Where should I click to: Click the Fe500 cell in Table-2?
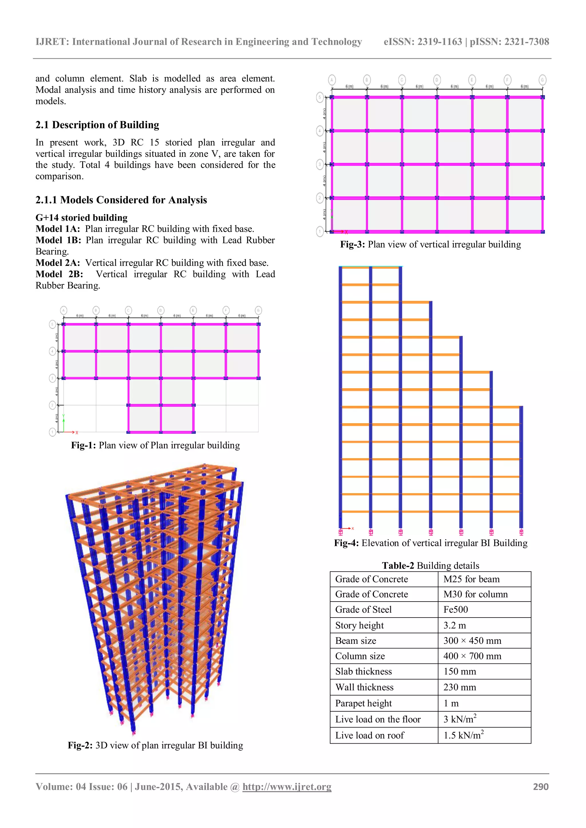[x=455, y=610]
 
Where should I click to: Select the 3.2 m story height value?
[x=455, y=625]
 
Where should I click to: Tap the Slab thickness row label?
[x=363, y=672]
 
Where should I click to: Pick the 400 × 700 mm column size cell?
[x=472, y=656]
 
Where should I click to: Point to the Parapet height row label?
[x=363, y=703]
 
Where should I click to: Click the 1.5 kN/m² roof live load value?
[x=463, y=735]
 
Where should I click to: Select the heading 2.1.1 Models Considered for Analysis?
[x=121, y=200]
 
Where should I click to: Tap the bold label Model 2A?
[x=58, y=263]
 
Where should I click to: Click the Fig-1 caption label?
[x=83, y=445]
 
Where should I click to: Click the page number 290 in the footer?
[x=541, y=787]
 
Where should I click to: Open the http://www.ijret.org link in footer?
[x=287, y=787]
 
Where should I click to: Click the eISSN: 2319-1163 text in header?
[x=423, y=42]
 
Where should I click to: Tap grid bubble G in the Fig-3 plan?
[x=542, y=80]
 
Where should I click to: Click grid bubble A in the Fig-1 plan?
[x=64, y=310]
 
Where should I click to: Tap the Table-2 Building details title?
[x=430, y=566]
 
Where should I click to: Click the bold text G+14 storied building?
[x=82, y=218]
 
